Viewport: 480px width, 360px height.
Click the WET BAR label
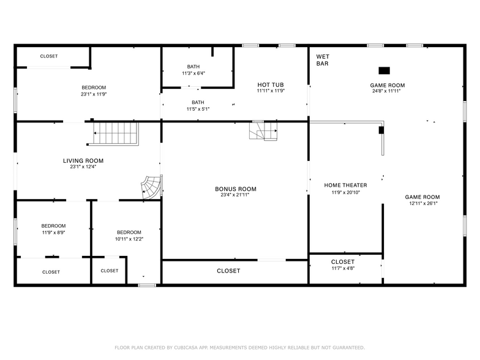pos(323,59)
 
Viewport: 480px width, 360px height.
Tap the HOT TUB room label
pos(270,84)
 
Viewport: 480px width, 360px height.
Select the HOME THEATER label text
pos(345,185)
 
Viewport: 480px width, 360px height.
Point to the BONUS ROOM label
pos(235,189)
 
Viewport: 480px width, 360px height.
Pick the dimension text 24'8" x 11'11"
pos(387,91)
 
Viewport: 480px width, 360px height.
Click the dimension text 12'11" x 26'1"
pos(422,203)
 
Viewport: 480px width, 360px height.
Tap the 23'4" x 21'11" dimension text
pos(235,195)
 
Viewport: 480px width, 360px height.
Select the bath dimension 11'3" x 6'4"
pos(193,73)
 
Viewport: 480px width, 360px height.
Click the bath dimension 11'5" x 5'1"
pos(198,109)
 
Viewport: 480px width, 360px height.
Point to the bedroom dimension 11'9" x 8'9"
pos(53,232)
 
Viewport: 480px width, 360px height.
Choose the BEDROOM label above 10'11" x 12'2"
pos(129,232)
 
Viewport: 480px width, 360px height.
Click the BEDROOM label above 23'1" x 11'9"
pos(94,88)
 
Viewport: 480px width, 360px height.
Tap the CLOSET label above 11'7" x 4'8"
pos(342,261)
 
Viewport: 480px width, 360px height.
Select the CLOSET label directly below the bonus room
pos(228,271)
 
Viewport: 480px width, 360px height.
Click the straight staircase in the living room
pos(116,133)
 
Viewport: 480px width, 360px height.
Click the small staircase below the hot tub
pos(263,130)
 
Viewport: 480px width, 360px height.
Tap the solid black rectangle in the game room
pos(384,70)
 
